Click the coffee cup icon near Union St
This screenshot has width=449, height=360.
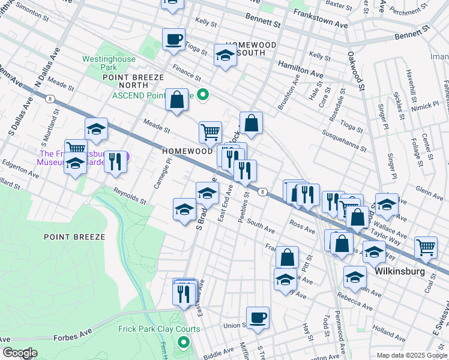(258, 317)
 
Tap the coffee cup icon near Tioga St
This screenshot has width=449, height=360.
(173, 39)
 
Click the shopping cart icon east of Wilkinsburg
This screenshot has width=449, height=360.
(426, 246)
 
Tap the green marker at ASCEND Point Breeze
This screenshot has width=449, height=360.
(203, 94)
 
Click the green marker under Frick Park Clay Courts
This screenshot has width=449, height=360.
(184, 344)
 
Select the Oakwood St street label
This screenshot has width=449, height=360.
(354, 71)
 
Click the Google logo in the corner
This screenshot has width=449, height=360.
(20, 353)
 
